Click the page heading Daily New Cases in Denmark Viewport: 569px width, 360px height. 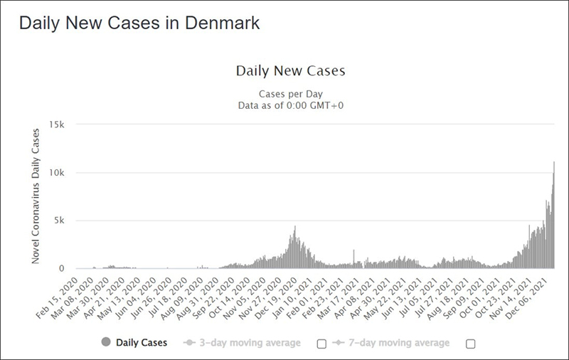click(x=139, y=23)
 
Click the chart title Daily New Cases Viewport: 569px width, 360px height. click(x=290, y=71)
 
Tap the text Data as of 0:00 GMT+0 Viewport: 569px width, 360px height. click(x=289, y=105)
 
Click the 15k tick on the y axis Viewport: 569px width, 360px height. click(x=56, y=125)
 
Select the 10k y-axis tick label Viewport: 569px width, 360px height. click(x=56, y=173)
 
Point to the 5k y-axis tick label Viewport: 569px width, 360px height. click(x=58, y=221)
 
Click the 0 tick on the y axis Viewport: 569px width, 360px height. click(x=62, y=269)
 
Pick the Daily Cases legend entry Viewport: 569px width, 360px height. click(x=142, y=343)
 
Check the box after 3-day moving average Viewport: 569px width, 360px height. click(x=321, y=344)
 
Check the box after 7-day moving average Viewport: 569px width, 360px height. click(x=469, y=344)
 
